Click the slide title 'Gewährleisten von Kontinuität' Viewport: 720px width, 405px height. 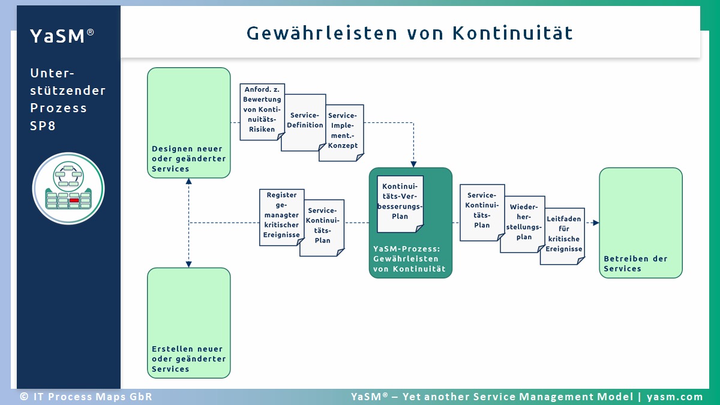(410, 33)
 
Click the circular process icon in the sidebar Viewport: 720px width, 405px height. (68, 188)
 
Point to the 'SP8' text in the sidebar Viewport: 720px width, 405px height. (43, 126)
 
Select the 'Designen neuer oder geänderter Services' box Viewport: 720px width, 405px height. (189, 123)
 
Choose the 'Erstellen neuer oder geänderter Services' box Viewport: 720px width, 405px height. (189, 323)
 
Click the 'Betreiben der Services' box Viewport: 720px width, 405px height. (640, 223)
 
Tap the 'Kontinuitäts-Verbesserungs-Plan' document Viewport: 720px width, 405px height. (400, 203)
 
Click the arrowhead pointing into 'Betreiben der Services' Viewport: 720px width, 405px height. (596, 223)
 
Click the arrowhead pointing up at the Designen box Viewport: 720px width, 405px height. (189, 182)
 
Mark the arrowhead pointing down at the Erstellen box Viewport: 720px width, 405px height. (189, 263)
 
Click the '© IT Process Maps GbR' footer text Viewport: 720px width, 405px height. (86, 397)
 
